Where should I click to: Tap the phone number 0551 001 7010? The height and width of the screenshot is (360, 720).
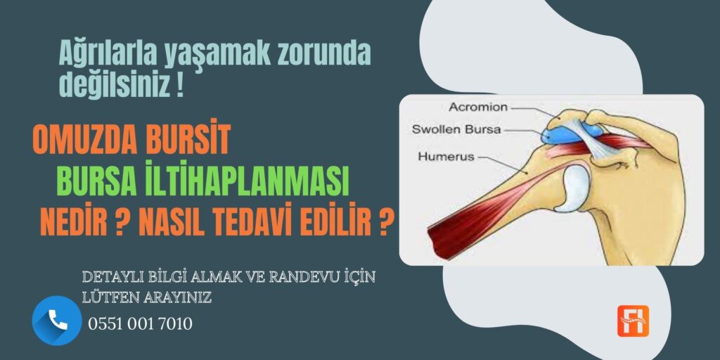[x=140, y=323]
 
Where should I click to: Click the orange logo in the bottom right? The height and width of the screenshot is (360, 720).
[x=633, y=321]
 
